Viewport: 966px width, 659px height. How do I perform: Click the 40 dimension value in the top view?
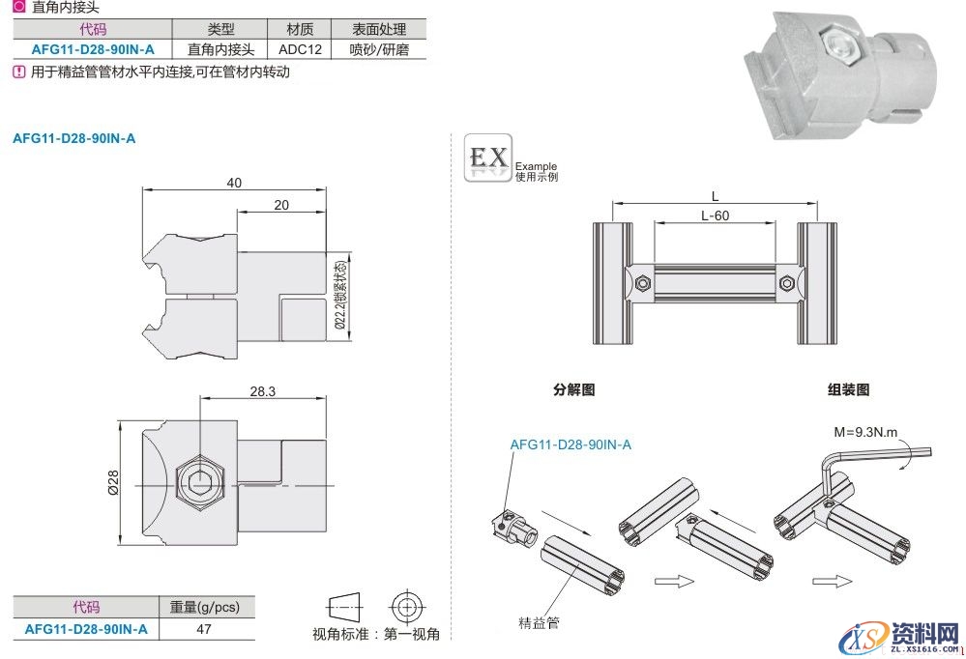[x=234, y=183]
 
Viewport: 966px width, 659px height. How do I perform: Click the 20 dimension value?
[x=281, y=205]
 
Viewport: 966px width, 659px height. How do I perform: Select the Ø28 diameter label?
[x=113, y=483]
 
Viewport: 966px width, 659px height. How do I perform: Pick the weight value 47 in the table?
[x=205, y=629]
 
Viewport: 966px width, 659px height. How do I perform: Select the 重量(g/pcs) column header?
[x=205, y=607]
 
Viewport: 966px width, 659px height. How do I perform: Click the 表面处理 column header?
[x=379, y=30]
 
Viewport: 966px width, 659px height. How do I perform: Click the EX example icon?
[x=488, y=157]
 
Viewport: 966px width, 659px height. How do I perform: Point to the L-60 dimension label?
[x=715, y=215]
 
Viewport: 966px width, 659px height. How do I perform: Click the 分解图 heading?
[x=573, y=389]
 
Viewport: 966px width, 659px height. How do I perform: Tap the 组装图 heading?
[x=848, y=389]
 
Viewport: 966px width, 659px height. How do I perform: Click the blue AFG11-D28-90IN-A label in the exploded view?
[x=571, y=444]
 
